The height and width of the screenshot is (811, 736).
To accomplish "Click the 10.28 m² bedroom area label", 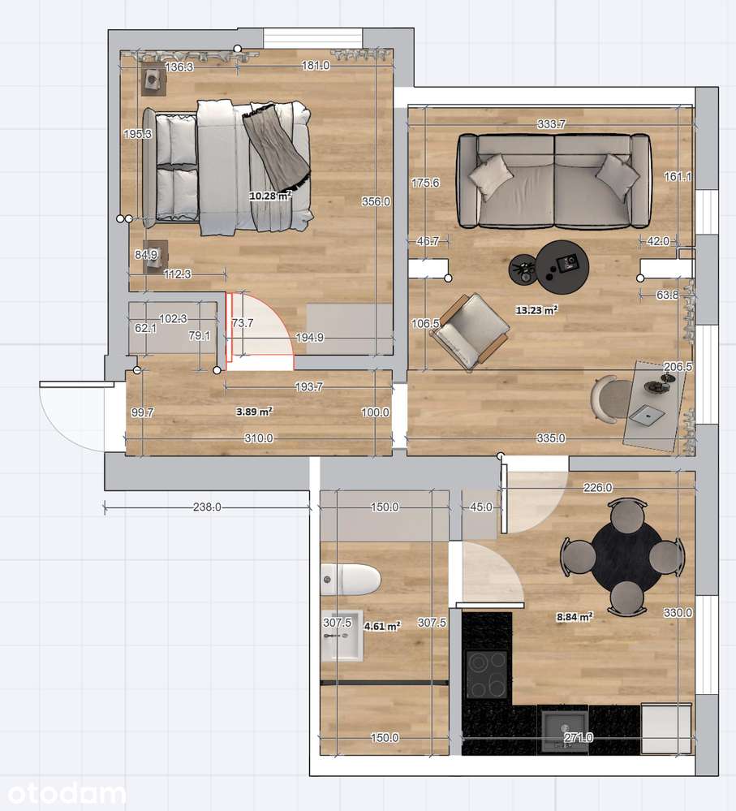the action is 270,196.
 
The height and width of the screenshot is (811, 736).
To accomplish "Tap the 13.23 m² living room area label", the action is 536,310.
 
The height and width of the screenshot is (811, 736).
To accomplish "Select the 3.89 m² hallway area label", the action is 254,412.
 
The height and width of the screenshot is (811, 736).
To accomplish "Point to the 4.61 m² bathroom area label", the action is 382,627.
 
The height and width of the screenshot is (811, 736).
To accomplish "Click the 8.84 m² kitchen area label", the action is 575,616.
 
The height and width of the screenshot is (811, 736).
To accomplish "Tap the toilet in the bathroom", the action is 351,580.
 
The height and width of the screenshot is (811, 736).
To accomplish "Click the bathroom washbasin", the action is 341,638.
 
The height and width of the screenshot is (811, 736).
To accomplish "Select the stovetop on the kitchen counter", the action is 486,674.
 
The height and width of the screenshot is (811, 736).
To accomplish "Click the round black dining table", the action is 626,557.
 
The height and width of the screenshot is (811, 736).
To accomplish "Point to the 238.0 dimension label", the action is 207,507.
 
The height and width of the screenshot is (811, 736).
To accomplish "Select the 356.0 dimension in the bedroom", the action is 376,201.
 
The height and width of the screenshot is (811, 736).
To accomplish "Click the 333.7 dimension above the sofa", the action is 552,124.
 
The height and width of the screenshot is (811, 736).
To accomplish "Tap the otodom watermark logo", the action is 67,794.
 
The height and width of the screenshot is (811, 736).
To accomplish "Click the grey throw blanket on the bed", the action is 277,148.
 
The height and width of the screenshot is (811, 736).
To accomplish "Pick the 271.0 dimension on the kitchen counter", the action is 579,738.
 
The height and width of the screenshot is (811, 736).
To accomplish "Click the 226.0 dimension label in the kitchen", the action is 597,487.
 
